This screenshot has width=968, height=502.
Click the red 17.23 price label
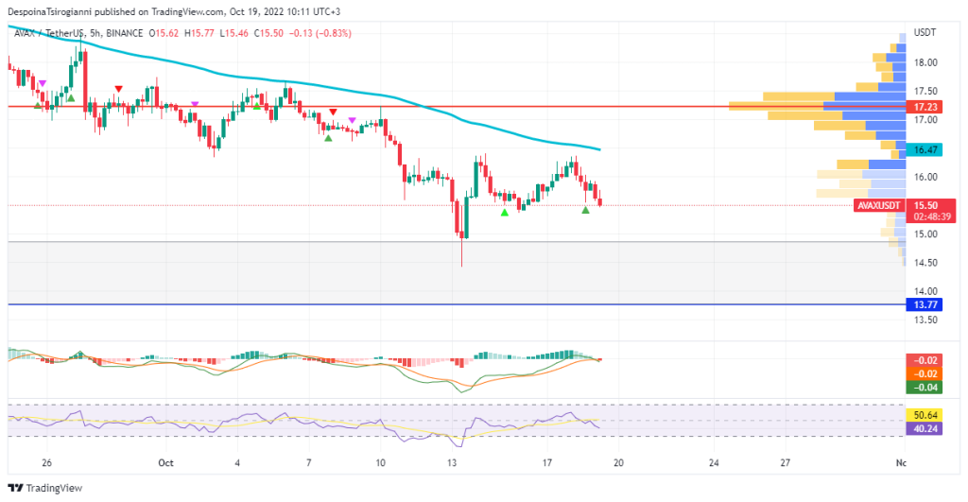[x=921, y=107]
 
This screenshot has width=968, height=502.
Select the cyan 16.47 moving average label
[x=921, y=149]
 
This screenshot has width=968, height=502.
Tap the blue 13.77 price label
[x=921, y=304]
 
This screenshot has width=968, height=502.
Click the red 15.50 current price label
[x=925, y=205]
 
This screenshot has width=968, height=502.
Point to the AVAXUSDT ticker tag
[x=878, y=205]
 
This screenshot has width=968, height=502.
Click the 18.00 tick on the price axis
[x=925, y=62]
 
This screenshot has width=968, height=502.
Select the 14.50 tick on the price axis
[x=925, y=263]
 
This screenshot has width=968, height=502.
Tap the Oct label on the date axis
[x=166, y=463]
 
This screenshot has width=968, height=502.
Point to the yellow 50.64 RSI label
[x=921, y=414]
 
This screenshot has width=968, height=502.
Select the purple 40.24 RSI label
[x=921, y=427]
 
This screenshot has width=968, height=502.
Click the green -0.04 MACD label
[x=921, y=387]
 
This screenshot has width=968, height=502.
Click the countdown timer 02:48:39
[x=930, y=216]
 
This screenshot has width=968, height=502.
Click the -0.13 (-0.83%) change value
[x=321, y=32]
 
